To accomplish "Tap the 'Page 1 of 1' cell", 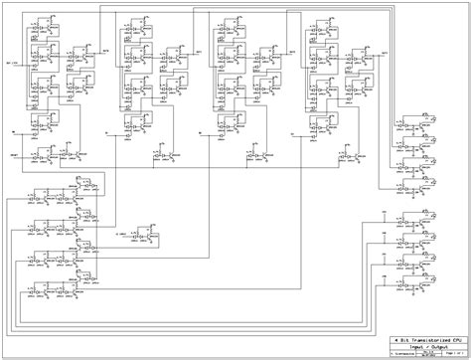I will click(446, 350).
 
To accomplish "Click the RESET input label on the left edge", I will click(15, 155).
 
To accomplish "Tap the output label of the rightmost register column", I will click(384, 49).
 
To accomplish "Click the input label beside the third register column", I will click(202, 130).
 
